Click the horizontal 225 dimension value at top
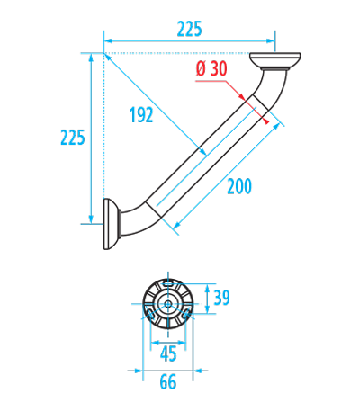coord(189,29)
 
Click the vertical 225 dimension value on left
coord(73,138)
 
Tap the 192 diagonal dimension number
coord(141,115)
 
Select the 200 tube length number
coord(239,186)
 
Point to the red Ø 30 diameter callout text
coord(211,68)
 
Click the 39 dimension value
coord(221,298)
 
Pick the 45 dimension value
coord(168,354)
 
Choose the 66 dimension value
coord(168,382)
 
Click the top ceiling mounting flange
coord(275,61)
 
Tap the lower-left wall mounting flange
coord(112,224)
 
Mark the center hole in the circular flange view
coord(168,304)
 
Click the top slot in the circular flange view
coord(168,283)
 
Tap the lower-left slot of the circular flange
coord(150,315)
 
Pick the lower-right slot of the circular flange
coord(186,315)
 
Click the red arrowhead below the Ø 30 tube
coord(265,121)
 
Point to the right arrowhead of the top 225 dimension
coord(271,40)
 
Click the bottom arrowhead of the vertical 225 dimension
coord(91,219)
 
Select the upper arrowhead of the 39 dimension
coord(207,288)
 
